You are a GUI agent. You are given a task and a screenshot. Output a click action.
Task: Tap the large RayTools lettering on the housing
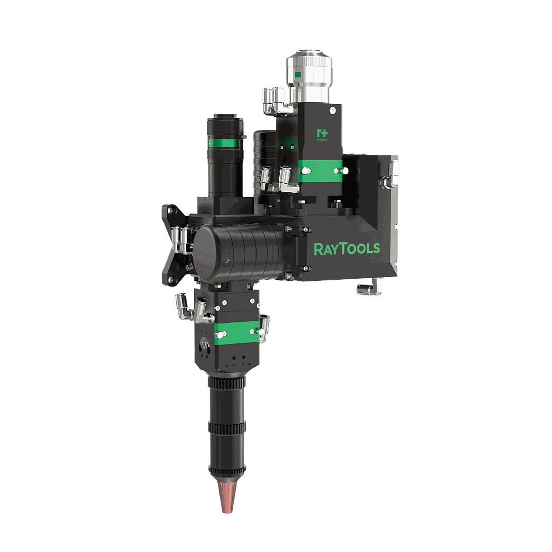(x=347, y=249)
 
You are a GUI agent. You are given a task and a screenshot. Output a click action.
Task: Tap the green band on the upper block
(x=320, y=171)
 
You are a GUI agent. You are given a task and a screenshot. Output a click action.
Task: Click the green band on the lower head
(x=236, y=332)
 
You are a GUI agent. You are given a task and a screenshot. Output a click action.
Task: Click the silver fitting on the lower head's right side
(x=265, y=323)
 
